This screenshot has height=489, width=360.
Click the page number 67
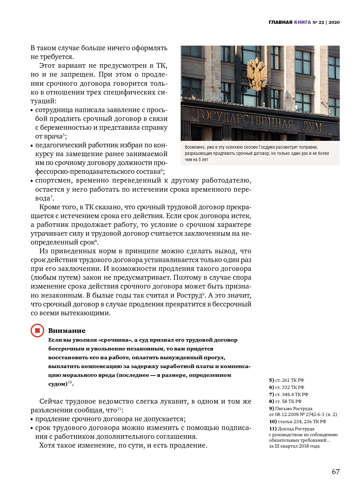336,472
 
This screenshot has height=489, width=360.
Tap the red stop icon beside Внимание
37,331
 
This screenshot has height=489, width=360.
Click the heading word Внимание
67,331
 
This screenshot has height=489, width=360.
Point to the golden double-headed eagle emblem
256,74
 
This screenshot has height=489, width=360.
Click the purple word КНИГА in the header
302,22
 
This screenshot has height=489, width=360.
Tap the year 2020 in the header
334,22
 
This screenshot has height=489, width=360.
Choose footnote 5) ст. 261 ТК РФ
286,380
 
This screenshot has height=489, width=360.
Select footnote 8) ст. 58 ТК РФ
285,401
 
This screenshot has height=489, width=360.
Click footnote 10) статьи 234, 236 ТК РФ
297,422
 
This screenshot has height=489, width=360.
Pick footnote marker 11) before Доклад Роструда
273,429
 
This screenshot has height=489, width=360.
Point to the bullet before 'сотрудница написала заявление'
32,111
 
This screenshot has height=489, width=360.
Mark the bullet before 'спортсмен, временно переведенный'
32,181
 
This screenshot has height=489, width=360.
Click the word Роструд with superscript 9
189,295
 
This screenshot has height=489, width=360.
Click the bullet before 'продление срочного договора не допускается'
32,420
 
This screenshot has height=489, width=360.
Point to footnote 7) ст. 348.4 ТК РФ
288,394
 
